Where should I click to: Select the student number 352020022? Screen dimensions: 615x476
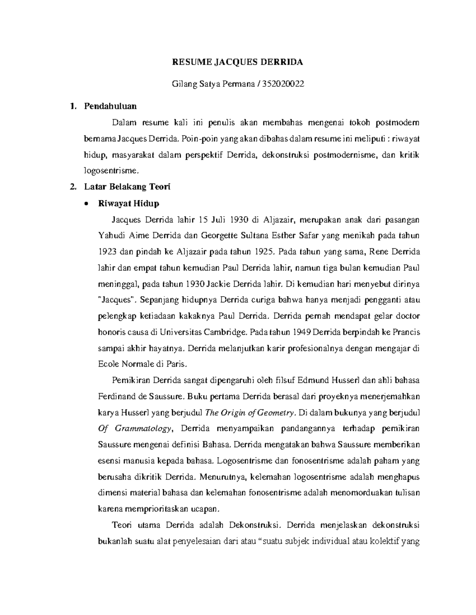point(286,84)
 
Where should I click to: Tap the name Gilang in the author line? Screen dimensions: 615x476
point(184,84)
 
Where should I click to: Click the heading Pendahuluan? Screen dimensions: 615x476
point(110,106)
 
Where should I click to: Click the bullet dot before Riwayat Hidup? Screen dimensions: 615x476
point(85,204)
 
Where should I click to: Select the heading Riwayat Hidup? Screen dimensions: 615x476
point(128,204)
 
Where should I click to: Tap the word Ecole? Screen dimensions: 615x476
point(108,364)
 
